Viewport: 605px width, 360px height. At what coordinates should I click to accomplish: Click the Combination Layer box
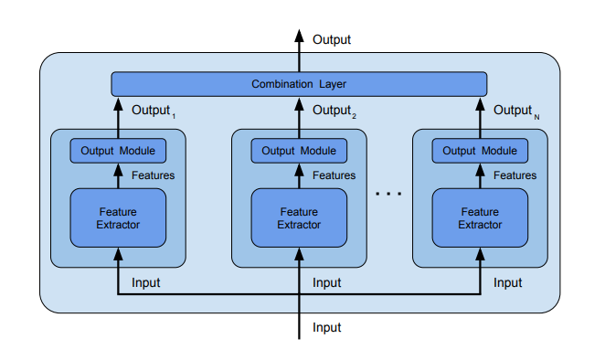click(299, 84)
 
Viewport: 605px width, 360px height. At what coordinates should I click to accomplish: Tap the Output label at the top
click(332, 39)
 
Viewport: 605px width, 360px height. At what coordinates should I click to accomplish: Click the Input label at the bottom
click(327, 327)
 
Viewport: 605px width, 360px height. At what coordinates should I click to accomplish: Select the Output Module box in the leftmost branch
click(118, 151)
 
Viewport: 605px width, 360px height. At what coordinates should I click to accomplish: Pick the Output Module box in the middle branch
click(299, 151)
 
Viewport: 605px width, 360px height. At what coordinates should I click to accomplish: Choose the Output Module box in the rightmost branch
click(480, 151)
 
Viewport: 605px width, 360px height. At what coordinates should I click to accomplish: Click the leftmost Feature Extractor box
click(118, 217)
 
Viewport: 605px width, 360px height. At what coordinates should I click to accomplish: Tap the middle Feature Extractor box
click(299, 217)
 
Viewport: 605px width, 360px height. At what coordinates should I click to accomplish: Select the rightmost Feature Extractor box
click(480, 217)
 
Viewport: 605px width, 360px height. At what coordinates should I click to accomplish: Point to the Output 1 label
click(153, 111)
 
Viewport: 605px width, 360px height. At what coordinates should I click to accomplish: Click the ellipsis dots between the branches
click(389, 195)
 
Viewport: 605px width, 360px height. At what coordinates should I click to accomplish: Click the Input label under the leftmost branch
click(146, 283)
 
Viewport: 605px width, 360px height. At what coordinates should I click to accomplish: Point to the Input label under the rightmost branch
click(508, 283)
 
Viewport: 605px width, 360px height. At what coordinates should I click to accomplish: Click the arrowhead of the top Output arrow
click(299, 37)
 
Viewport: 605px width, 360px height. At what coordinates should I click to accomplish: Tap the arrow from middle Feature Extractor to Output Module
click(299, 175)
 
